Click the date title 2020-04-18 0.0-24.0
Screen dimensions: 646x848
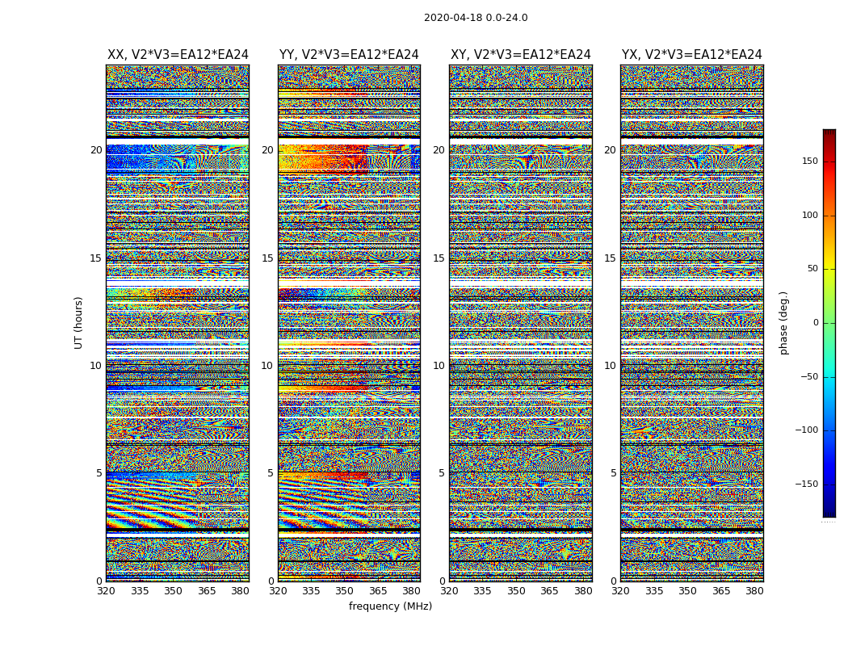click(x=476, y=18)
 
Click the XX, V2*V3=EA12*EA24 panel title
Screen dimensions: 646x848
click(x=178, y=55)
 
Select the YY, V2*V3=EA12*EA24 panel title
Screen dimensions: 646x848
click(x=349, y=55)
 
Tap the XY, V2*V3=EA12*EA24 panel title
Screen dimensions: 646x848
click(x=521, y=55)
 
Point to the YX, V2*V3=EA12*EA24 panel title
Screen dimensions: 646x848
click(x=692, y=55)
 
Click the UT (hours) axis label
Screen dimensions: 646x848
click(x=78, y=322)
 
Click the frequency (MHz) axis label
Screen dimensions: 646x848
click(x=390, y=606)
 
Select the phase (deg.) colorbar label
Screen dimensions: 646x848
click(x=784, y=322)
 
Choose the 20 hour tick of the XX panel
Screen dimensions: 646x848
click(x=96, y=150)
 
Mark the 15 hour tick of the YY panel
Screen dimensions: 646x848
click(x=267, y=258)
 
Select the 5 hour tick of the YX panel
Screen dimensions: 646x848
click(x=613, y=473)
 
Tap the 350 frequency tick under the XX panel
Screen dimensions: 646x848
click(x=174, y=591)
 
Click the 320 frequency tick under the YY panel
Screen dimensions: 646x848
click(x=278, y=591)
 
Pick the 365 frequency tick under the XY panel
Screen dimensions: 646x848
click(x=549, y=591)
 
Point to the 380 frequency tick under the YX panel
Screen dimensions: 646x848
click(x=754, y=591)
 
